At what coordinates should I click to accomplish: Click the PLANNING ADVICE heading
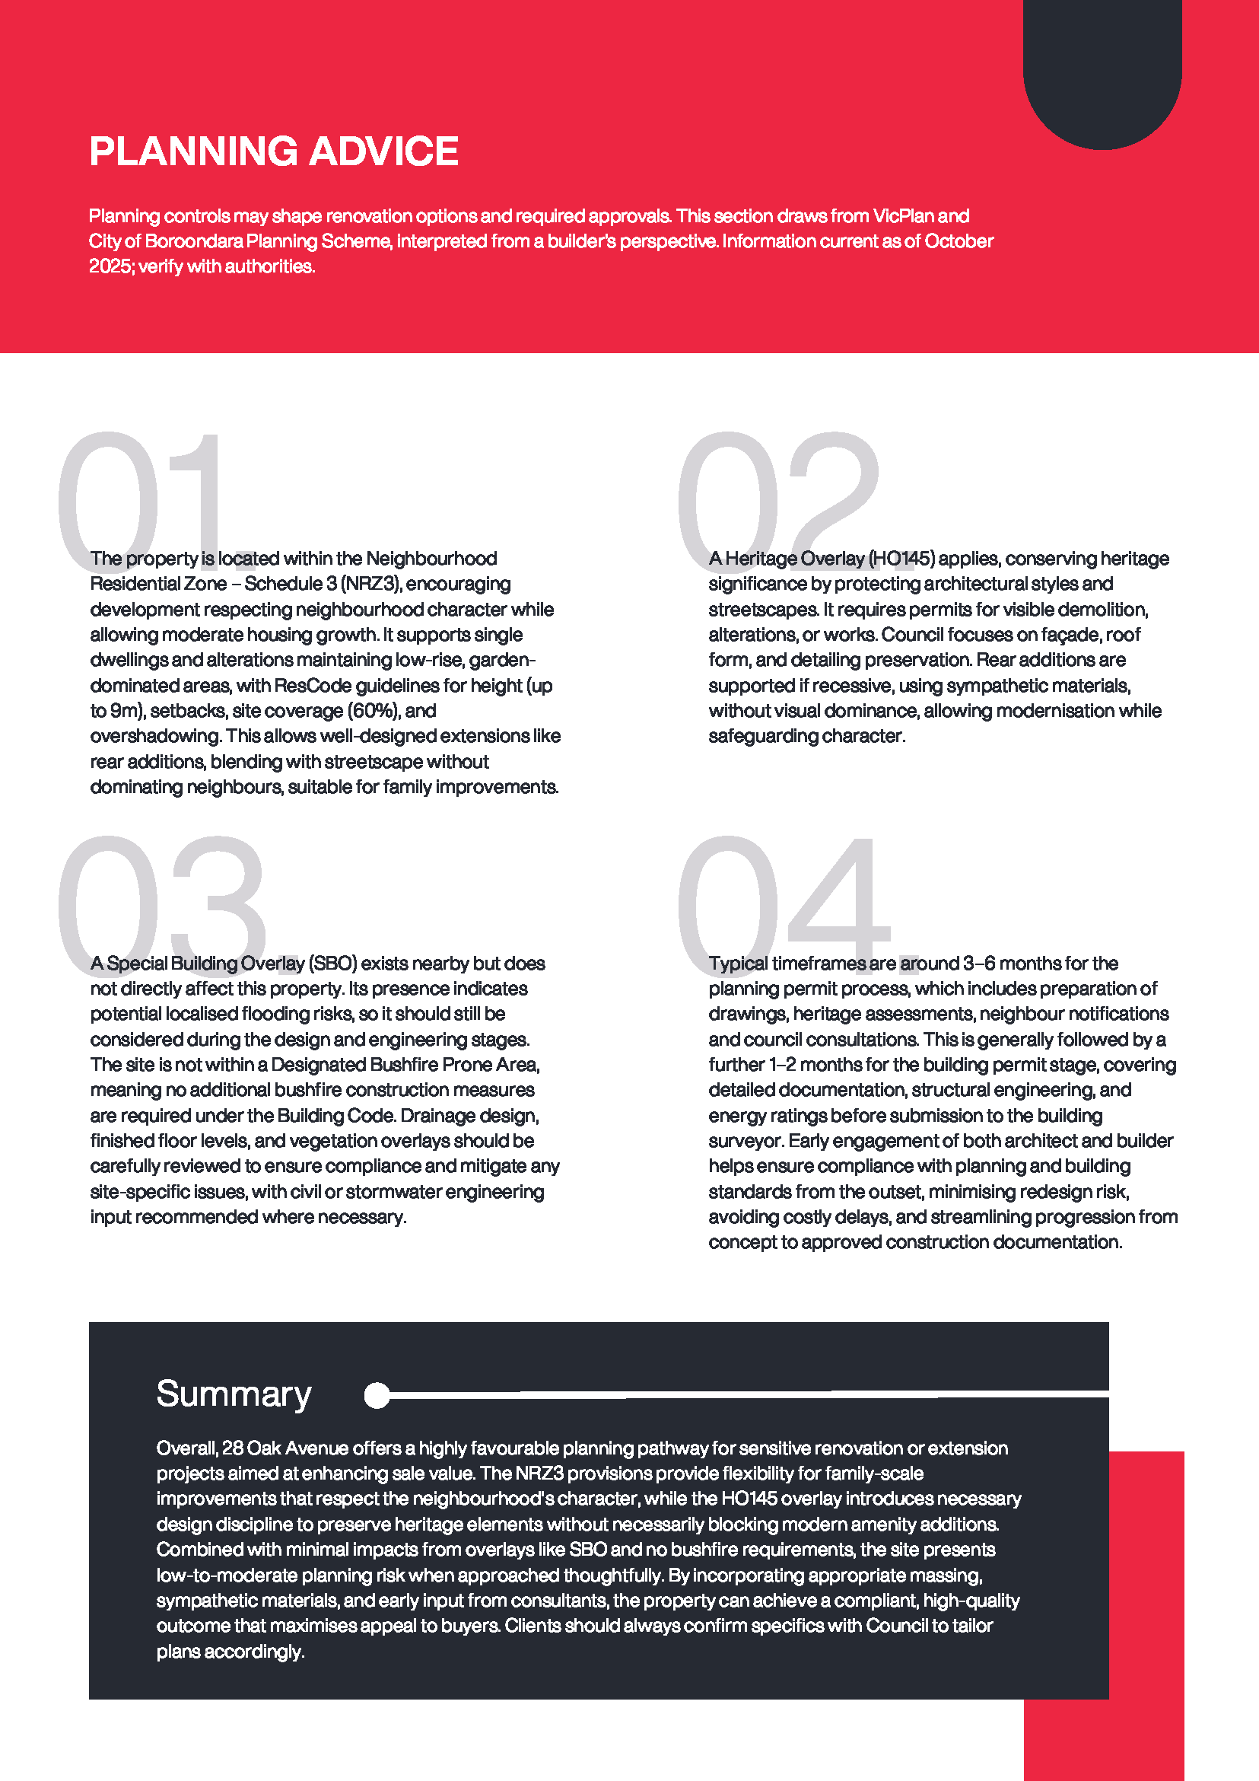coord(274,151)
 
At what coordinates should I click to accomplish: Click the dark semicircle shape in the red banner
coord(1102,78)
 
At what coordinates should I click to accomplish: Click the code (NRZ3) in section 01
coord(369,584)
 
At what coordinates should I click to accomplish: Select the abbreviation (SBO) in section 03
coord(332,964)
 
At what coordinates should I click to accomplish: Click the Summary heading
coord(234,1394)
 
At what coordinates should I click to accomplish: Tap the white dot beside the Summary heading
coord(377,1394)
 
